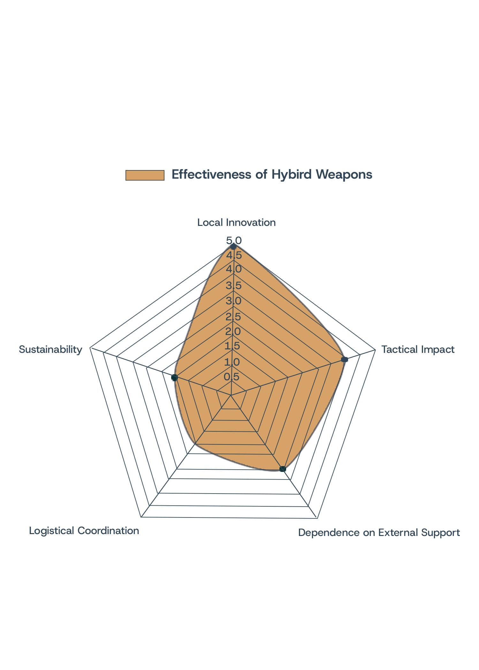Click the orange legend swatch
coord(145,175)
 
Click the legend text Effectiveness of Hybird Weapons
coord(272,175)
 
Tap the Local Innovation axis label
coord(236,222)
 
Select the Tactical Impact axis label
coord(418,349)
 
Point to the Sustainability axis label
coord(50,349)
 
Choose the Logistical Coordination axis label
coord(84,531)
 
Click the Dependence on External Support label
coord(379,532)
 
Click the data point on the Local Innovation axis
coord(233,247)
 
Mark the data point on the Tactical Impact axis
coord(344,359)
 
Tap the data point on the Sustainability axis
coord(174,378)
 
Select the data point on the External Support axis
coord(283,469)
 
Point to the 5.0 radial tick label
coord(234,240)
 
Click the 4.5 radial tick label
coord(234,255)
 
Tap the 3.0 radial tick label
coord(233,301)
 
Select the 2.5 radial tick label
coord(233,317)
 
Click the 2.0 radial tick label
coord(233,331)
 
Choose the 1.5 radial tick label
coord(232,346)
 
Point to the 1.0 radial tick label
coord(232,362)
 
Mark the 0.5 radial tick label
coord(232,376)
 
